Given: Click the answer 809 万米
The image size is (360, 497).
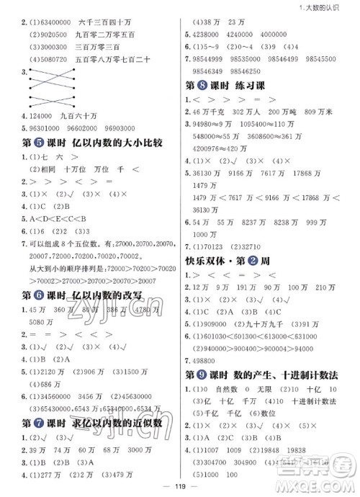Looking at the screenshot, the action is pyautogui.click(x=325, y=112).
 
